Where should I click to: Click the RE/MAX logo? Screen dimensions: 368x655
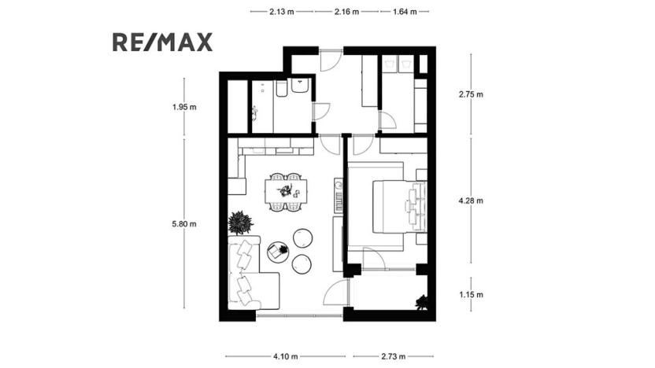coord(162,42)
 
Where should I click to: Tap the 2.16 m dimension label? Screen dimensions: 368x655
coord(346,12)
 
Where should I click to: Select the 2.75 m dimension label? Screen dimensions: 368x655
coord(471,94)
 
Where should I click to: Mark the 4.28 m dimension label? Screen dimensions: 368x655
coord(471,201)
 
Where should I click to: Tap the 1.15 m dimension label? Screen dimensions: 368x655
coord(471,295)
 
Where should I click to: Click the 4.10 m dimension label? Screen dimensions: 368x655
coord(285,356)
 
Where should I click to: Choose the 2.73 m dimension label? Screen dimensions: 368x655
coord(390,356)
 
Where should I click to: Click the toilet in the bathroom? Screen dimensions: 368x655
coord(300,87)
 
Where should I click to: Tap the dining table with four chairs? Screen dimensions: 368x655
coord(284,192)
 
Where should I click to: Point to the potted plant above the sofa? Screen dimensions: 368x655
coord(239,223)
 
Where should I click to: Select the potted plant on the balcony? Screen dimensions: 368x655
coord(423,301)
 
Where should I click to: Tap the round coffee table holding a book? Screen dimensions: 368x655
coord(278,252)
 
